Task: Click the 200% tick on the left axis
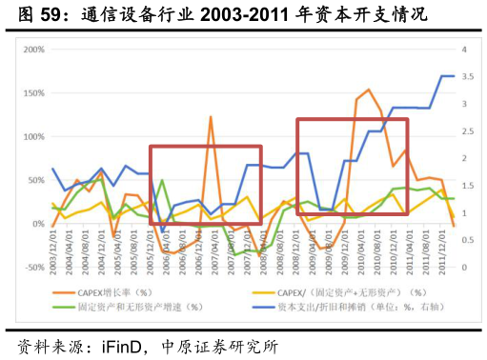point(33,50)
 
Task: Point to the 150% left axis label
point(33,93)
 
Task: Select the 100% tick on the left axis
point(33,137)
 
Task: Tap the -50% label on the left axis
point(33,268)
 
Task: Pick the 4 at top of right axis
point(463,50)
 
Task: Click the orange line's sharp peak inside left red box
point(211,117)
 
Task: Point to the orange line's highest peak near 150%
point(369,90)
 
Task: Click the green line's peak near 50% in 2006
point(162,180)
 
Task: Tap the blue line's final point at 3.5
point(452,76)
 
